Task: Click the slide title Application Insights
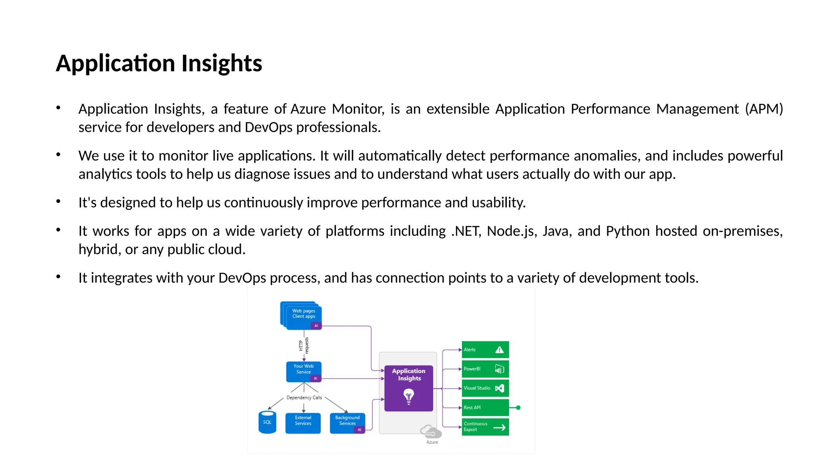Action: coord(159,64)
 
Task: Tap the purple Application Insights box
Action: coord(409,388)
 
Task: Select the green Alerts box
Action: coord(485,349)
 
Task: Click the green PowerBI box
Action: coord(485,369)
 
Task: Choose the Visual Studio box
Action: coord(485,388)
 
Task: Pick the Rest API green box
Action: coord(485,408)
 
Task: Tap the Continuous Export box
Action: coord(485,427)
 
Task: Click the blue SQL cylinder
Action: coord(267,423)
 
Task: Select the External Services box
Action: coord(303,423)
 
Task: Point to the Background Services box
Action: coord(347,423)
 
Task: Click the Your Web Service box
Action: coord(304,371)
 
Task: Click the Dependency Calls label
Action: coord(304,398)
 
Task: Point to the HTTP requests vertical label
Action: coord(304,345)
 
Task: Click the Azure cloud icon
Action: coord(431,431)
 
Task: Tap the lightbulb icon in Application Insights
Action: coord(409,396)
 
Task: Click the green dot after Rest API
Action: coord(518,408)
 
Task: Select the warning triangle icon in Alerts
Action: coord(500,350)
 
